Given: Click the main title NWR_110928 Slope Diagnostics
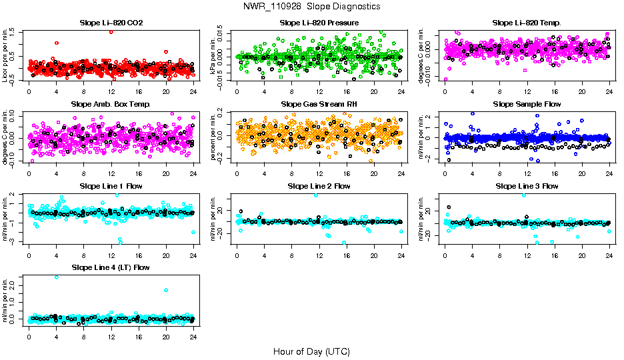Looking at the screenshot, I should pyautogui.click(x=311, y=6).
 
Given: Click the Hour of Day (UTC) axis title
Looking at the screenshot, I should pyautogui.click(x=311, y=351).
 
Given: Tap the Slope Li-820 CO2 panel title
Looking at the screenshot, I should pyautogui.click(x=111, y=23).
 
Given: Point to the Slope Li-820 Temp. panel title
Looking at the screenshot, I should pyautogui.click(x=527, y=23).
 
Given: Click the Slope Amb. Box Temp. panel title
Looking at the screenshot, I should pyautogui.click(x=111, y=104).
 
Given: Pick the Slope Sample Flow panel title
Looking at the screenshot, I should pyautogui.click(x=527, y=104).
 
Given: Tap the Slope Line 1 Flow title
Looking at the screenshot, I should pyautogui.click(x=111, y=185).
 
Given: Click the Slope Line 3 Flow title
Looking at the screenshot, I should pyautogui.click(x=527, y=185).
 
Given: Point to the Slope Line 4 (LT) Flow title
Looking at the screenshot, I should pyautogui.click(x=111, y=267).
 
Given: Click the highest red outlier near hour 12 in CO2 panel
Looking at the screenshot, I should pyautogui.click(x=111, y=31).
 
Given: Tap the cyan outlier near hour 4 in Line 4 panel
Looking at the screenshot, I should pyautogui.click(x=56, y=277).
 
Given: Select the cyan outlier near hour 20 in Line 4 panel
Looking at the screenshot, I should pyautogui.click(x=165, y=290).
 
